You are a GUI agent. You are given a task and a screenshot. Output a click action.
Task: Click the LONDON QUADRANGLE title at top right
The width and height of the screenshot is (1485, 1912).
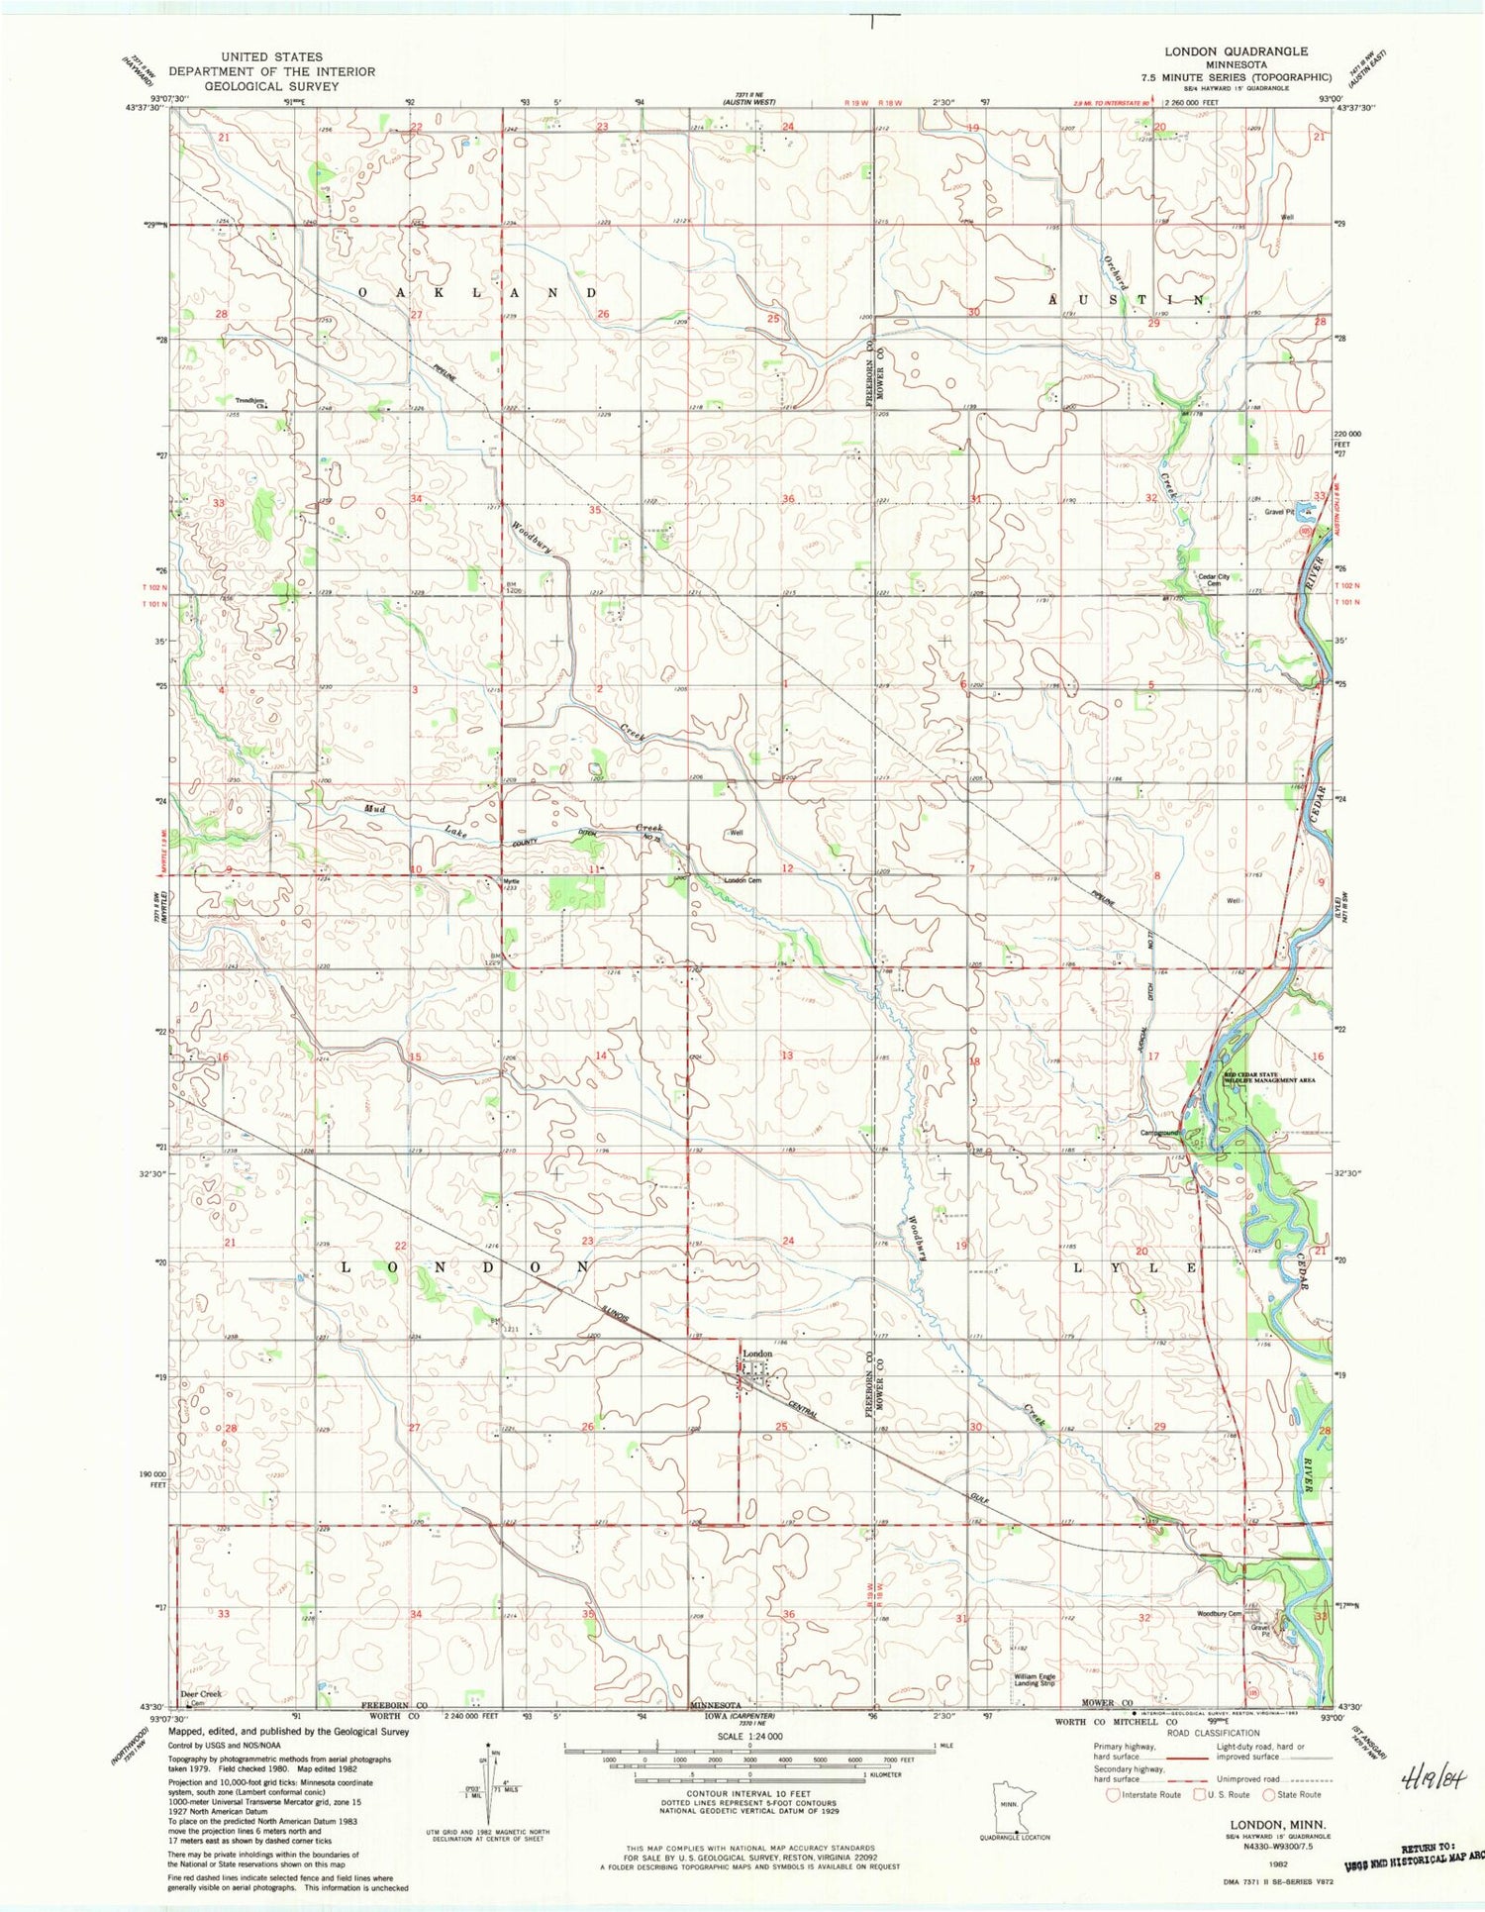pyautogui.click(x=1235, y=51)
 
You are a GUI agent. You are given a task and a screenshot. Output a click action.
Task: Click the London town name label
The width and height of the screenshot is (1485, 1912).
pyautogui.click(x=757, y=1354)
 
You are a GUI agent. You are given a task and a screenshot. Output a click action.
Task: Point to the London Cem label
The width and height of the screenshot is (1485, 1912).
pyautogui.click(x=742, y=880)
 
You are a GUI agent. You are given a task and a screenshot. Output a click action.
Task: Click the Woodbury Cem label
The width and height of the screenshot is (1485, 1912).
pyautogui.click(x=1219, y=1614)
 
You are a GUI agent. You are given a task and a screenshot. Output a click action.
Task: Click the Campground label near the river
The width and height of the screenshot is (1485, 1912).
pyautogui.click(x=1159, y=1133)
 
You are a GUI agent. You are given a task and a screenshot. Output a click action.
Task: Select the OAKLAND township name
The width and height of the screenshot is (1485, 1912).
pyautogui.click(x=476, y=293)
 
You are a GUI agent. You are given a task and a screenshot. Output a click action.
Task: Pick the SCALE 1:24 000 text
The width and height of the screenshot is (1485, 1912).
pyautogui.click(x=749, y=1737)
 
